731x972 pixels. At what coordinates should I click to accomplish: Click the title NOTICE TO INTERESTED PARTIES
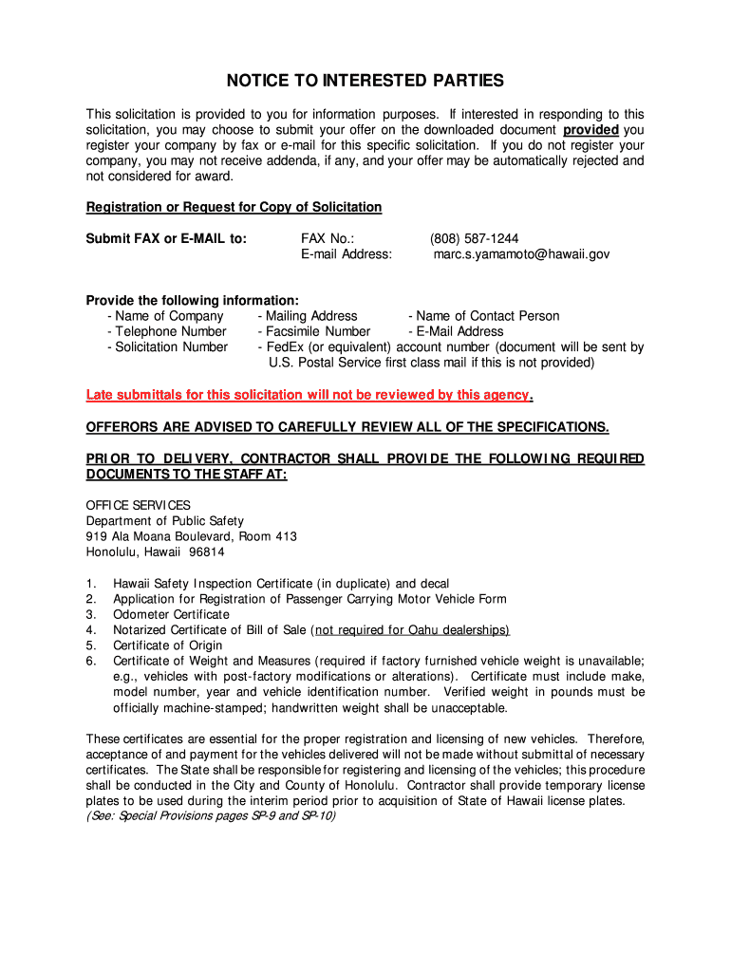[365, 81]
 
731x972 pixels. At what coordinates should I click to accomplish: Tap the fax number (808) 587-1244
[474, 238]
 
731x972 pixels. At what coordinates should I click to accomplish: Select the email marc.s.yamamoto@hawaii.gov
[521, 254]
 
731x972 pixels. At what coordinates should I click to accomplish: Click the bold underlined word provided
[590, 130]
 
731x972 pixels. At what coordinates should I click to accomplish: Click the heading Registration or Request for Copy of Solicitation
[234, 207]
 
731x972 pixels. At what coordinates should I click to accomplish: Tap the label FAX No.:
[328, 238]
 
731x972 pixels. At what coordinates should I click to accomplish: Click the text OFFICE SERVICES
[138, 506]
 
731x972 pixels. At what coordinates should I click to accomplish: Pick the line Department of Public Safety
[164, 521]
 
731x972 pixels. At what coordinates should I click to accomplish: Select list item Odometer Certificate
[171, 614]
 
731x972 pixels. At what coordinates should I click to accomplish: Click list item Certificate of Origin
[167, 645]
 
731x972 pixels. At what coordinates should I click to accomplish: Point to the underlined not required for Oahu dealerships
[412, 630]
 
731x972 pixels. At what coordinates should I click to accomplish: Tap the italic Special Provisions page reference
[211, 815]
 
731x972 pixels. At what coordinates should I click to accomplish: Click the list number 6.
[90, 661]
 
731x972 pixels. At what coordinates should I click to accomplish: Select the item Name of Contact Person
[487, 316]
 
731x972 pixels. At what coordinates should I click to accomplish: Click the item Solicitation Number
[171, 346]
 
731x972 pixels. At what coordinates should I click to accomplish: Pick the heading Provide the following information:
[193, 300]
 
